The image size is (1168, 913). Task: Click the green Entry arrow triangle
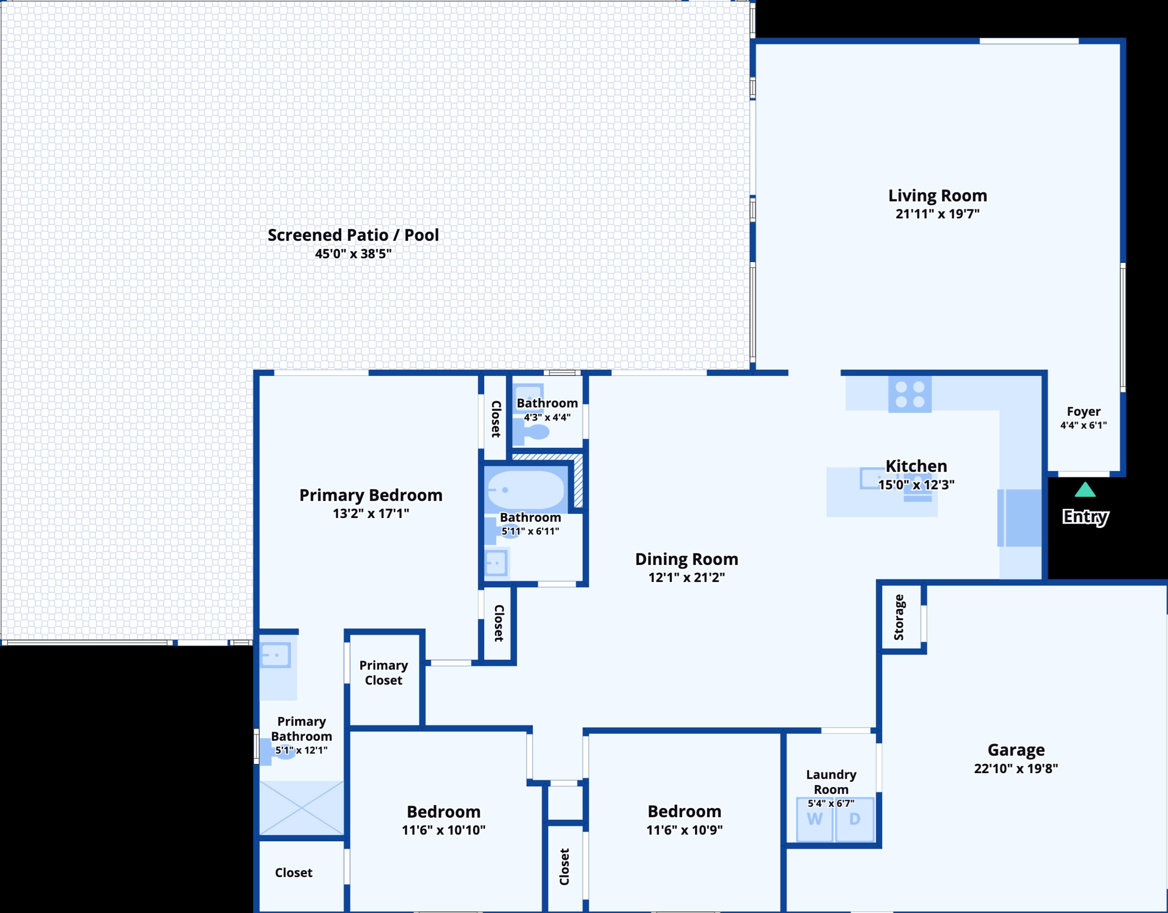[1085, 490]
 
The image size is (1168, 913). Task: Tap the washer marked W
[814, 819]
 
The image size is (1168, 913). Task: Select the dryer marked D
[855, 819]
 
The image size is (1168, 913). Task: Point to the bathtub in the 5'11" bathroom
[526, 490]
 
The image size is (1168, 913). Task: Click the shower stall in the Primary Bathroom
[301, 808]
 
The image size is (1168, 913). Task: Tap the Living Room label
[938, 195]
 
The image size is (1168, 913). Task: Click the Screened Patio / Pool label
[353, 235]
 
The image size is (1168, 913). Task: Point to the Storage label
[899, 617]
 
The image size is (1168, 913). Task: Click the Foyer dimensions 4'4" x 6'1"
[1083, 425]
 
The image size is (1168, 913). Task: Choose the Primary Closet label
[384, 673]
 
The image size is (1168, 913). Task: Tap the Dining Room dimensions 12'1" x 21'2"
[687, 577]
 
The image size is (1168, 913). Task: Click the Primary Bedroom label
[371, 496]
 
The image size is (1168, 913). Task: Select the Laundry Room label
[831, 782]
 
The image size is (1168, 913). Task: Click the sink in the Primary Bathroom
[276, 655]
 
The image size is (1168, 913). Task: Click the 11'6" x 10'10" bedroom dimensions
[443, 830]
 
